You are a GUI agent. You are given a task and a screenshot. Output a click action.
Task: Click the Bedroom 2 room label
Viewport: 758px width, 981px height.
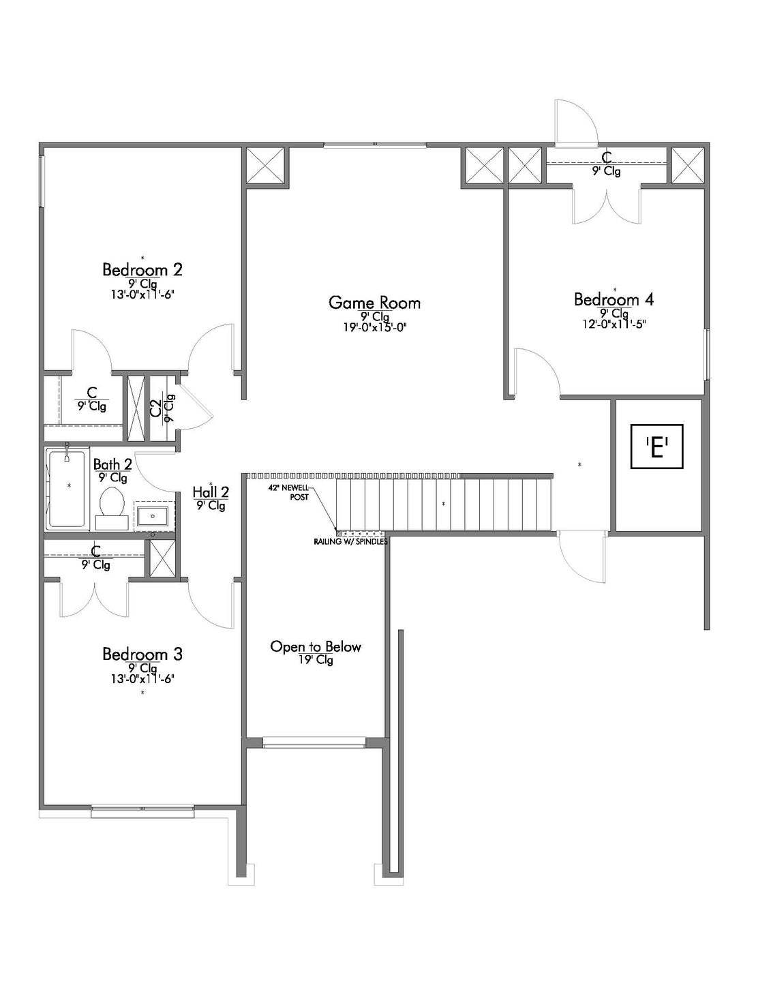coord(142,270)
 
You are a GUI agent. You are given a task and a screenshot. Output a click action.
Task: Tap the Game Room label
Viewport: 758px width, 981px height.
coord(374,303)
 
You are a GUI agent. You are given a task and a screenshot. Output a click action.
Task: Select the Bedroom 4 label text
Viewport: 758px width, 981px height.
coord(614,299)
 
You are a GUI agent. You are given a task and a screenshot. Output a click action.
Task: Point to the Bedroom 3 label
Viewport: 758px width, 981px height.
coord(142,654)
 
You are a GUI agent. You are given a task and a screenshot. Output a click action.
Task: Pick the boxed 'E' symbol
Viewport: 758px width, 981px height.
coord(657,447)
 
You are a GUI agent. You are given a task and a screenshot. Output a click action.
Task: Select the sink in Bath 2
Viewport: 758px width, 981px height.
coord(153,516)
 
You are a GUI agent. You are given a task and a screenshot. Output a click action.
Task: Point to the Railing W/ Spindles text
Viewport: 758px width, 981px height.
coord(350,542)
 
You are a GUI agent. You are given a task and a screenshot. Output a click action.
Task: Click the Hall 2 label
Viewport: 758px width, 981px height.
coord(211,491)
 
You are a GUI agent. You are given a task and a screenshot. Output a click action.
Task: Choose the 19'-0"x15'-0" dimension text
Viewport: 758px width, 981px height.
coord(374,328)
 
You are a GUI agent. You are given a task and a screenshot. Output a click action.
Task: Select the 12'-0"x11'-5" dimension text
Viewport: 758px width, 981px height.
coord(614,324)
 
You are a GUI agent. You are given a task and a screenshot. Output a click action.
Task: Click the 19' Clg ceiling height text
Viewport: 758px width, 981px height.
coord(316,660)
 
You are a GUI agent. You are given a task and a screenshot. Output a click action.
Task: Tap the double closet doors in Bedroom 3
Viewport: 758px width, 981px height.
coord(94,598)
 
